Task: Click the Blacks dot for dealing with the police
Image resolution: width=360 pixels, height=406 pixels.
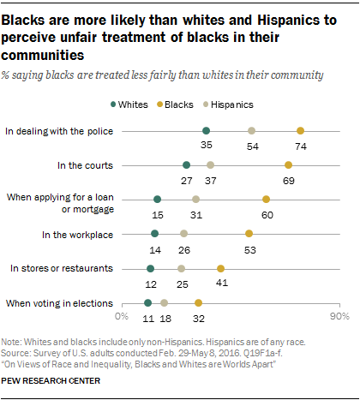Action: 300,130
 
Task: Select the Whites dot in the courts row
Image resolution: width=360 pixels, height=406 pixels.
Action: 187,164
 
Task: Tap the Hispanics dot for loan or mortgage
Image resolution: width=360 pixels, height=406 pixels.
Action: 196,199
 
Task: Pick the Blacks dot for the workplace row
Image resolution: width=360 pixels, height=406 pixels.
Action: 249,233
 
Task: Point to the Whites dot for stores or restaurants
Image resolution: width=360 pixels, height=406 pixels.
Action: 151,268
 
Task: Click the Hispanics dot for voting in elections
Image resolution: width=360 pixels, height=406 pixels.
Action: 165,302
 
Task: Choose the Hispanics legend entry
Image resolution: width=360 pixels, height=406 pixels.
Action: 256,101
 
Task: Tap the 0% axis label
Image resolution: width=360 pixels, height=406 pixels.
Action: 122,318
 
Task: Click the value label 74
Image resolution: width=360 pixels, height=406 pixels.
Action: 301,146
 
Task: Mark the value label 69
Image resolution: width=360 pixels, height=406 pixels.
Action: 289,180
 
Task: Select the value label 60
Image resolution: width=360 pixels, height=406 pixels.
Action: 267,214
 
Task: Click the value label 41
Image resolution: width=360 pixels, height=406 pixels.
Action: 221,284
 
